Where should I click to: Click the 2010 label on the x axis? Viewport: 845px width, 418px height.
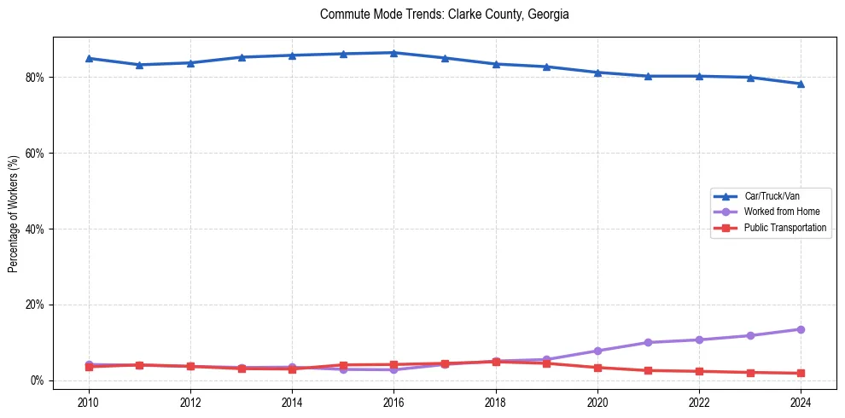89,402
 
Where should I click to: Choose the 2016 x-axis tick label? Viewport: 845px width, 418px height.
393,402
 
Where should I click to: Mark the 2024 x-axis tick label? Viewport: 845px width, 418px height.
801,402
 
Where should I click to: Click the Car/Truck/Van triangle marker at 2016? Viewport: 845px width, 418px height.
393,53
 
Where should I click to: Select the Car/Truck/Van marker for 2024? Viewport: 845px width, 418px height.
801,84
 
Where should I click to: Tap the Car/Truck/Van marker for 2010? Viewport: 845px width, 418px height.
89,58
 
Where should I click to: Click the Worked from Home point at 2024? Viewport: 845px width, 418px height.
801,329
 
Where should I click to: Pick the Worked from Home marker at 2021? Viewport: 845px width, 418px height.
648,342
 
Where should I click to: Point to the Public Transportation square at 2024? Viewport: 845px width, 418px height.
801,373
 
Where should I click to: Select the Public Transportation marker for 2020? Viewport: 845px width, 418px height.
597,368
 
